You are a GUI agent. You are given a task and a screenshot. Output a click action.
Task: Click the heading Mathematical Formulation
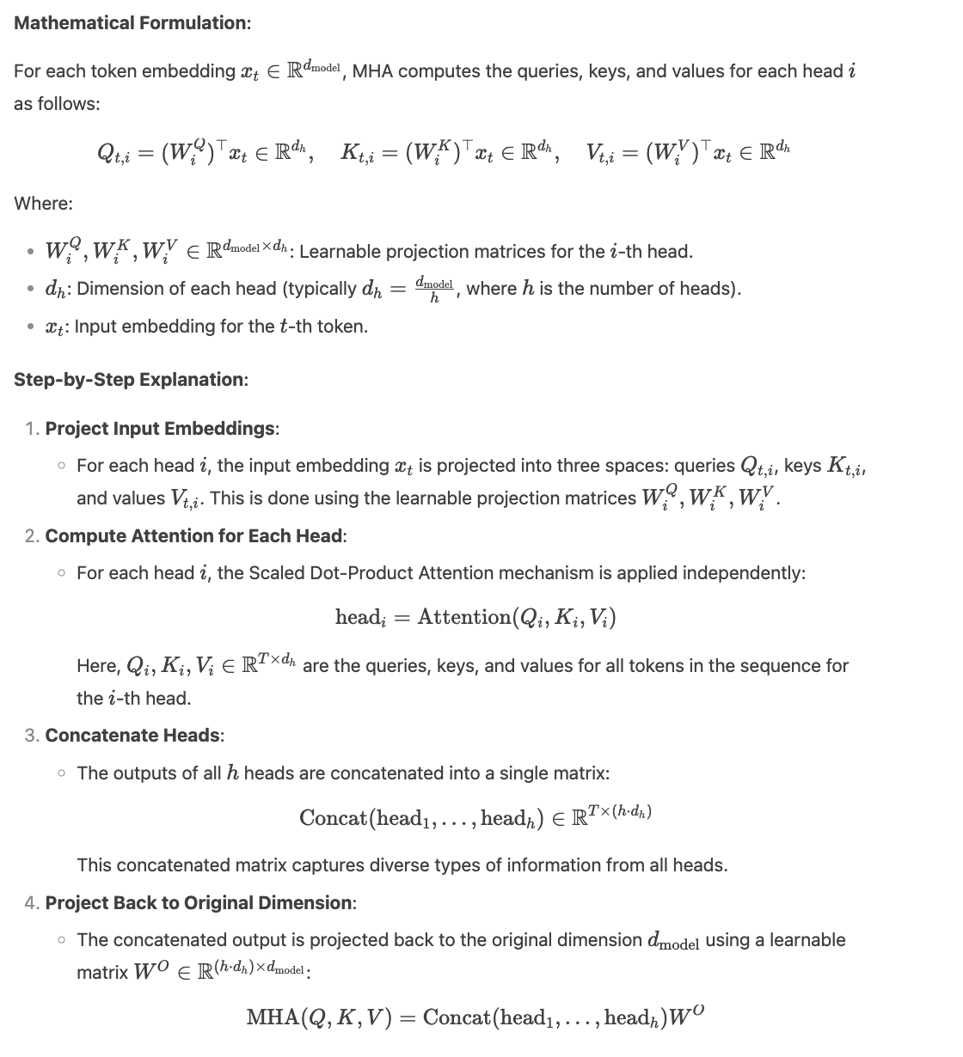coord(132,23)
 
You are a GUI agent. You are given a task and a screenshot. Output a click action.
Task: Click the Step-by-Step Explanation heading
coord(131,379)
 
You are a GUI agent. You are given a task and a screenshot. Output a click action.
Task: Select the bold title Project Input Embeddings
coord(161,428)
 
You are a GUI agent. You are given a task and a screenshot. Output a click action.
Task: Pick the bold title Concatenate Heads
coord(134,735)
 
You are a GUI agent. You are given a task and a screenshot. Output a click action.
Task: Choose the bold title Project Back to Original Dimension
coord(199,902)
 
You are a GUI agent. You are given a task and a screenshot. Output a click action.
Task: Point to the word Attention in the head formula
coord(463,617)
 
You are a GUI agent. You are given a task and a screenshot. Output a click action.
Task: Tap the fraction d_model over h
coord(433,290)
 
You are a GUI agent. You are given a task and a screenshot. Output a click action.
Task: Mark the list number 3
coord(32,735)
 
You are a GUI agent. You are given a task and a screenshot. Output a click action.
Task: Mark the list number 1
coord(32,428)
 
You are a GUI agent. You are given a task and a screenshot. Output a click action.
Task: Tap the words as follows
coord(56,103)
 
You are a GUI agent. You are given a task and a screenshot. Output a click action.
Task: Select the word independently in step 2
coord(748,572)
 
